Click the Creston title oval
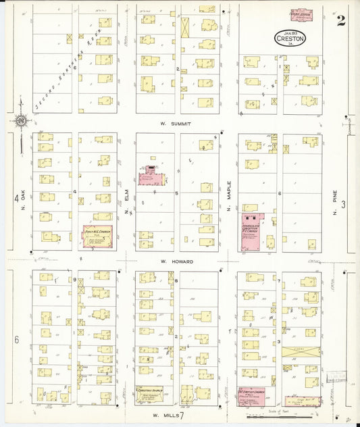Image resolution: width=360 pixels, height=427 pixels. point(290,39)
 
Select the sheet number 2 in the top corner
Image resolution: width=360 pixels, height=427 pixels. point(341,21)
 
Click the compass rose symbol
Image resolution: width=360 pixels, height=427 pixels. point(20,122)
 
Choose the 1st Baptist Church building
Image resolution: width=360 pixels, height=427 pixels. point(251,395)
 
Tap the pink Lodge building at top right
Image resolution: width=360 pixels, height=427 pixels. point(301,15)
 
